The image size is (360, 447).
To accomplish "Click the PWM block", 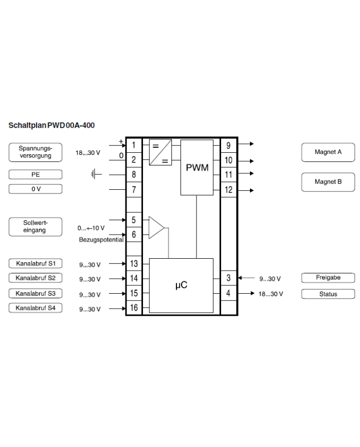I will coord(196,167).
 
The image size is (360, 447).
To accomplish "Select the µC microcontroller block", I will coord(181,285).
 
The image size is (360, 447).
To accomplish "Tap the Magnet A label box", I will coord(328,152).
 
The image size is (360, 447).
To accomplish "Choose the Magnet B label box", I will coord(328,182).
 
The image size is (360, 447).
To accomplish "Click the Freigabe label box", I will coord(328,278).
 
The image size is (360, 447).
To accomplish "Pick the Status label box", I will coord(328,294).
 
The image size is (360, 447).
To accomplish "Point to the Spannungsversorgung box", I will coord(35,152).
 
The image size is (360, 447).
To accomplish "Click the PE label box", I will coord(35,174).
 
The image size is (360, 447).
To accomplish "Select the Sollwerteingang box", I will coord(35,227).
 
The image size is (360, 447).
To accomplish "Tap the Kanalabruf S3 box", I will coord(35,294).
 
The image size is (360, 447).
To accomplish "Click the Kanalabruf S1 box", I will coord(35,264).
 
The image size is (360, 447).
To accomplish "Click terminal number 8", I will coord(134,174).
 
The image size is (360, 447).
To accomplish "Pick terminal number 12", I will coord(228,190).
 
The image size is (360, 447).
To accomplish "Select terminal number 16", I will coord(134,308).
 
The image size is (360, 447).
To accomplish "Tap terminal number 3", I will coord(228,278).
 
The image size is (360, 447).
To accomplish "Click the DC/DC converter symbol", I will coord(160,152).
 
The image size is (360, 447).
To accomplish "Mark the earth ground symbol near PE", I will coord(96,174).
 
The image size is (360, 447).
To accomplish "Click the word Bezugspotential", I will coord(101,240).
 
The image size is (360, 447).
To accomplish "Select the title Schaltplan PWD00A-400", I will coord(51,125).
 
